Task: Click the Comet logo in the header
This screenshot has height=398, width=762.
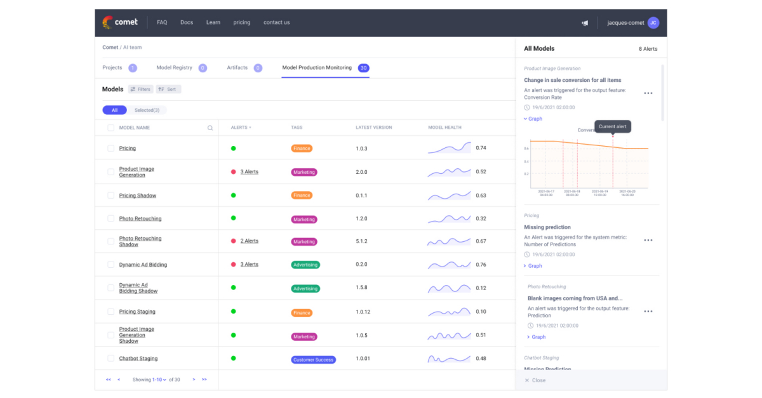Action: (x=116, y=22)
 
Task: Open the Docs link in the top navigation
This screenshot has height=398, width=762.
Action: (x=186, y=22)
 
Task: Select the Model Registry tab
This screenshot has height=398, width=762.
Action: (x=174, y=67)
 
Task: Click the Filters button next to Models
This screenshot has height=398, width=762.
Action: (x=140, y=90)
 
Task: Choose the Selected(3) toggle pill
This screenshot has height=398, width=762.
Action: (x=147, y=110)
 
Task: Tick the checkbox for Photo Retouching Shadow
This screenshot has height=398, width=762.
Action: (x=111, y=241)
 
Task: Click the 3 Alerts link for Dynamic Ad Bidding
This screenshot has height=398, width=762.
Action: (x=249, y=264)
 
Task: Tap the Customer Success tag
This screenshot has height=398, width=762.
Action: (x=314, y=360)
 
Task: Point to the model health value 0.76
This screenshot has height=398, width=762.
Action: (x=481, y=265)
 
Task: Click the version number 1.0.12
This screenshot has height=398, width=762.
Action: (x=364, y=312)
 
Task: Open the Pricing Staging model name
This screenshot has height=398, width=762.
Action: (x=137, y=312)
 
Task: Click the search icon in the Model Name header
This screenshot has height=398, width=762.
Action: (x=210, y=128)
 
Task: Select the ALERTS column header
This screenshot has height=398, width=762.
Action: (x=240, y=128)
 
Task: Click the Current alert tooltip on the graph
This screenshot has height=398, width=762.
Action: (x=613, y=126)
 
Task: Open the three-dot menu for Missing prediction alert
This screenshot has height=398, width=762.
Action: (x=648, y=241)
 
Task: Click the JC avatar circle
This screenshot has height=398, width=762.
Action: (x=653, y=23)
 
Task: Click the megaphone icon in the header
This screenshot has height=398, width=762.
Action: (x=585, y=23)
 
